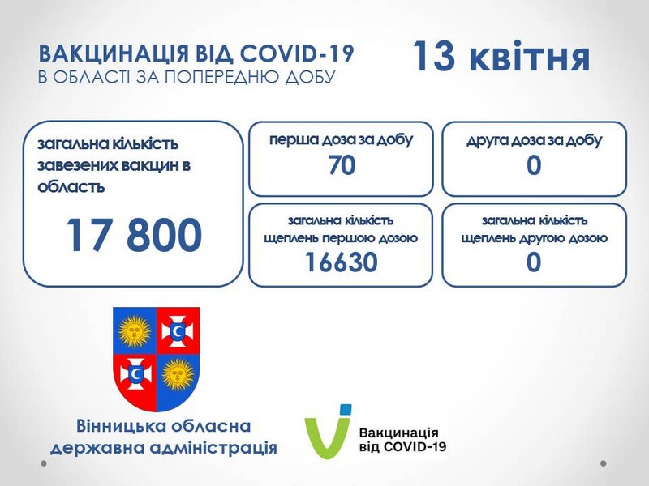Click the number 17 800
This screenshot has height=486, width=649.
pos(134,235)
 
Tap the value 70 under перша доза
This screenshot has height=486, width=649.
pos(342,165)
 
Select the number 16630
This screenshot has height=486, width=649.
pos(342,262)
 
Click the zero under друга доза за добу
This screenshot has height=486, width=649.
pos(534,165)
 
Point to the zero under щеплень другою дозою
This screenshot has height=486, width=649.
pos(534,262)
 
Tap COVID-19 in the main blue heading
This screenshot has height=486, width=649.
pos(296,53)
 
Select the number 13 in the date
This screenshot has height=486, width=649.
pos(435,55)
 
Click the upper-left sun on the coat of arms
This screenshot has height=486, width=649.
pos(134,331)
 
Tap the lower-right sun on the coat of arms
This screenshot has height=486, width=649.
pos(178,375)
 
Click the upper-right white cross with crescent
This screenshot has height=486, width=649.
pos(178,330)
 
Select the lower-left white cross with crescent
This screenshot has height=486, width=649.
pos(135,374)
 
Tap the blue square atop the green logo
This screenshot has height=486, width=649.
pos(346,410)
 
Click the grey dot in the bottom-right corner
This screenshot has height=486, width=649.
pos(604,463)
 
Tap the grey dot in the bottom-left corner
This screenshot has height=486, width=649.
pos(44,463)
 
